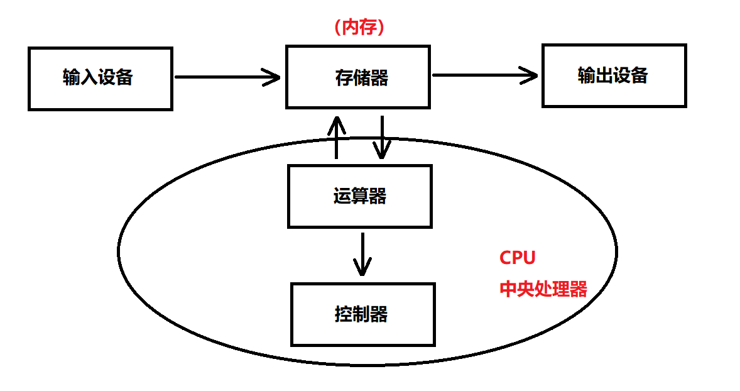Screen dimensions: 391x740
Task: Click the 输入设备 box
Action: coord(100,79)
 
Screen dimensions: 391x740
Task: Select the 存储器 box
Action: coord(358,77)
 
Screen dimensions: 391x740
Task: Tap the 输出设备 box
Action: coord(614,75)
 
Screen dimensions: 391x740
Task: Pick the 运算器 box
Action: coord(359,196)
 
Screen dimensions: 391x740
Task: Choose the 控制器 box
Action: coord(362,314)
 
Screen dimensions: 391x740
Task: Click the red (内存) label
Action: coord(359,28)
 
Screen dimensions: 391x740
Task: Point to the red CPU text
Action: coord(517,258)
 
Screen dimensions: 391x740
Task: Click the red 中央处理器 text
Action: coord(543,289)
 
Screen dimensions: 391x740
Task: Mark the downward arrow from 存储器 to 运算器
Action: coord(381,137)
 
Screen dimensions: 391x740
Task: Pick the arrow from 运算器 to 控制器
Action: coord(362,254)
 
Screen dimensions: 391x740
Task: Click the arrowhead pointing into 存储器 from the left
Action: coord(273,77)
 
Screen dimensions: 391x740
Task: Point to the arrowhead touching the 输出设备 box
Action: coord(531,75)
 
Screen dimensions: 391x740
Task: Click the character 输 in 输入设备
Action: coord(72,77)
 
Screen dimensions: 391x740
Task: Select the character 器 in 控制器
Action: coord(379,314)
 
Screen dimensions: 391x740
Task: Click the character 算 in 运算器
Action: coord(359,196)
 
